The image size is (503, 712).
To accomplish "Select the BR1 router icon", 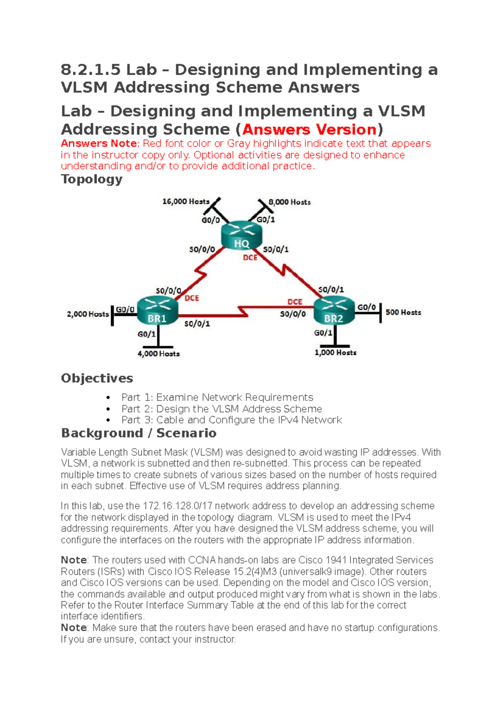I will (157, 311).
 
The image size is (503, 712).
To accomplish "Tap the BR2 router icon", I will (334, 311).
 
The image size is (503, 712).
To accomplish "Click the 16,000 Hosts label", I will (186, 202).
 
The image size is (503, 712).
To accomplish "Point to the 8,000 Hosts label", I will (290, 202).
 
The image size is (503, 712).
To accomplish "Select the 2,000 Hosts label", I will (88, 314).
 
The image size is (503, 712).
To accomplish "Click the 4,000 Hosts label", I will (158, 354).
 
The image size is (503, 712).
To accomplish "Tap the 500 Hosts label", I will (403, 312).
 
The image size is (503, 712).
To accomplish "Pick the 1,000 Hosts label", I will (335, 353).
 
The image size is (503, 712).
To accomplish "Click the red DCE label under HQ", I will (250, 257).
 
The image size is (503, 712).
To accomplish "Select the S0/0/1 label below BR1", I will (197, 324).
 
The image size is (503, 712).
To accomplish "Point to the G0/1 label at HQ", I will (266, 220).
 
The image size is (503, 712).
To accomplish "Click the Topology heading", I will (91, 179).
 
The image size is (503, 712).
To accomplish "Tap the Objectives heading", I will (97, 378).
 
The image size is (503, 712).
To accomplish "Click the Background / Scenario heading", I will (139, 433).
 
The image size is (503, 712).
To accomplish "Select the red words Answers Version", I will (309, 129).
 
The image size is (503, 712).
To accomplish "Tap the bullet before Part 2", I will (108, 409).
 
